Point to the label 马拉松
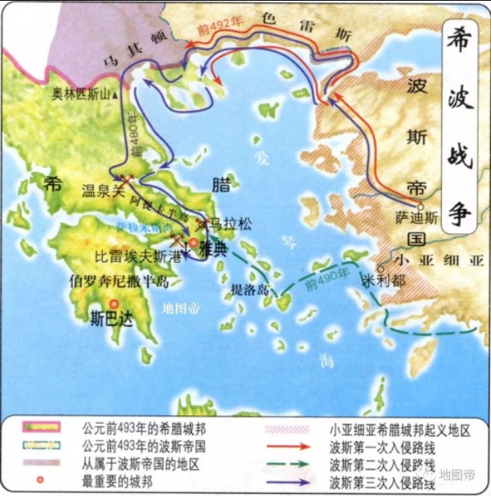(231, 226)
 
